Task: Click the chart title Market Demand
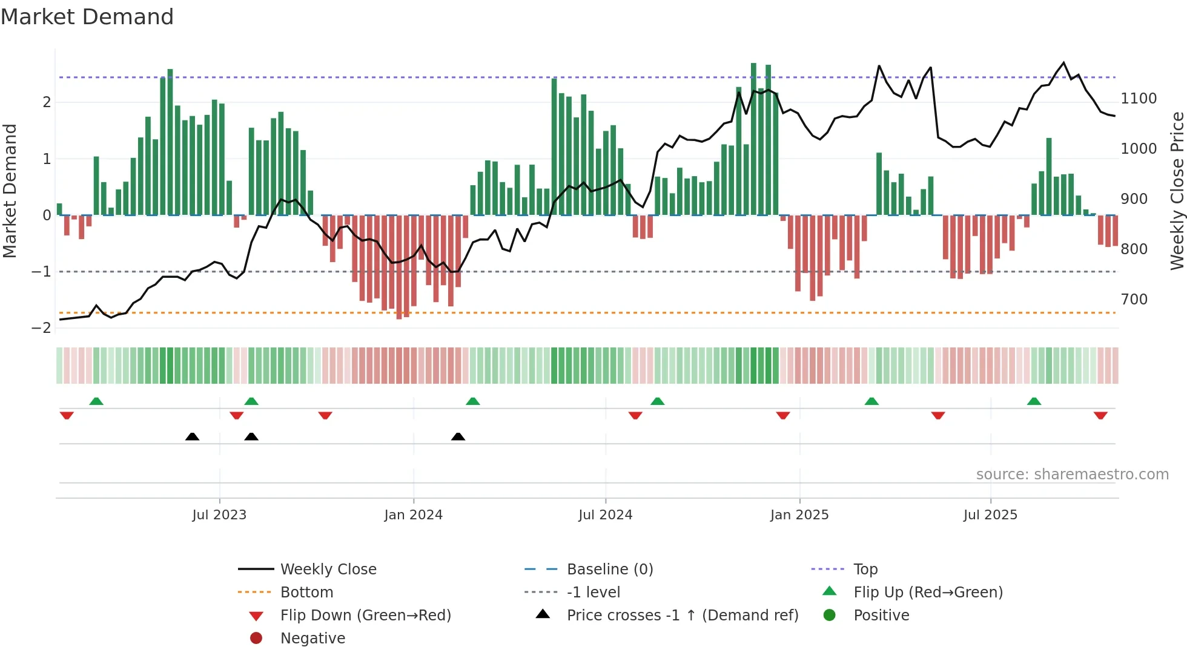(87, 17)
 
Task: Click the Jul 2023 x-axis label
(219, 515)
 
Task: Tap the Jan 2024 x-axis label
(414, 515)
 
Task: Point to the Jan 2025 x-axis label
(799, 515)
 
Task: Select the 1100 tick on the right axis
(1139, 99)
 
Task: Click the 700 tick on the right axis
(1134, 300)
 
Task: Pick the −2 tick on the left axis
(41, 328)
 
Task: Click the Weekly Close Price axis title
(1177, 191)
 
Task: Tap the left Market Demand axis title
(10, 191)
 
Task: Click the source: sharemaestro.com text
(1072, 475)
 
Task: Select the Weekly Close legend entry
(328, 570)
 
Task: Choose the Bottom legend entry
(306, 593)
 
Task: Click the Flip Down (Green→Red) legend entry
(365, 616)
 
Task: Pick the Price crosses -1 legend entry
(683, 616)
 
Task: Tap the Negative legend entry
(312, 639)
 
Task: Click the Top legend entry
(865, 570)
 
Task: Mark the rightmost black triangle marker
(458, 436)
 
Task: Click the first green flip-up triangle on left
(96, 401)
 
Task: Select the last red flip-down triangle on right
(1100, 415)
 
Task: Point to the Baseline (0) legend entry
(610, 570)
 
